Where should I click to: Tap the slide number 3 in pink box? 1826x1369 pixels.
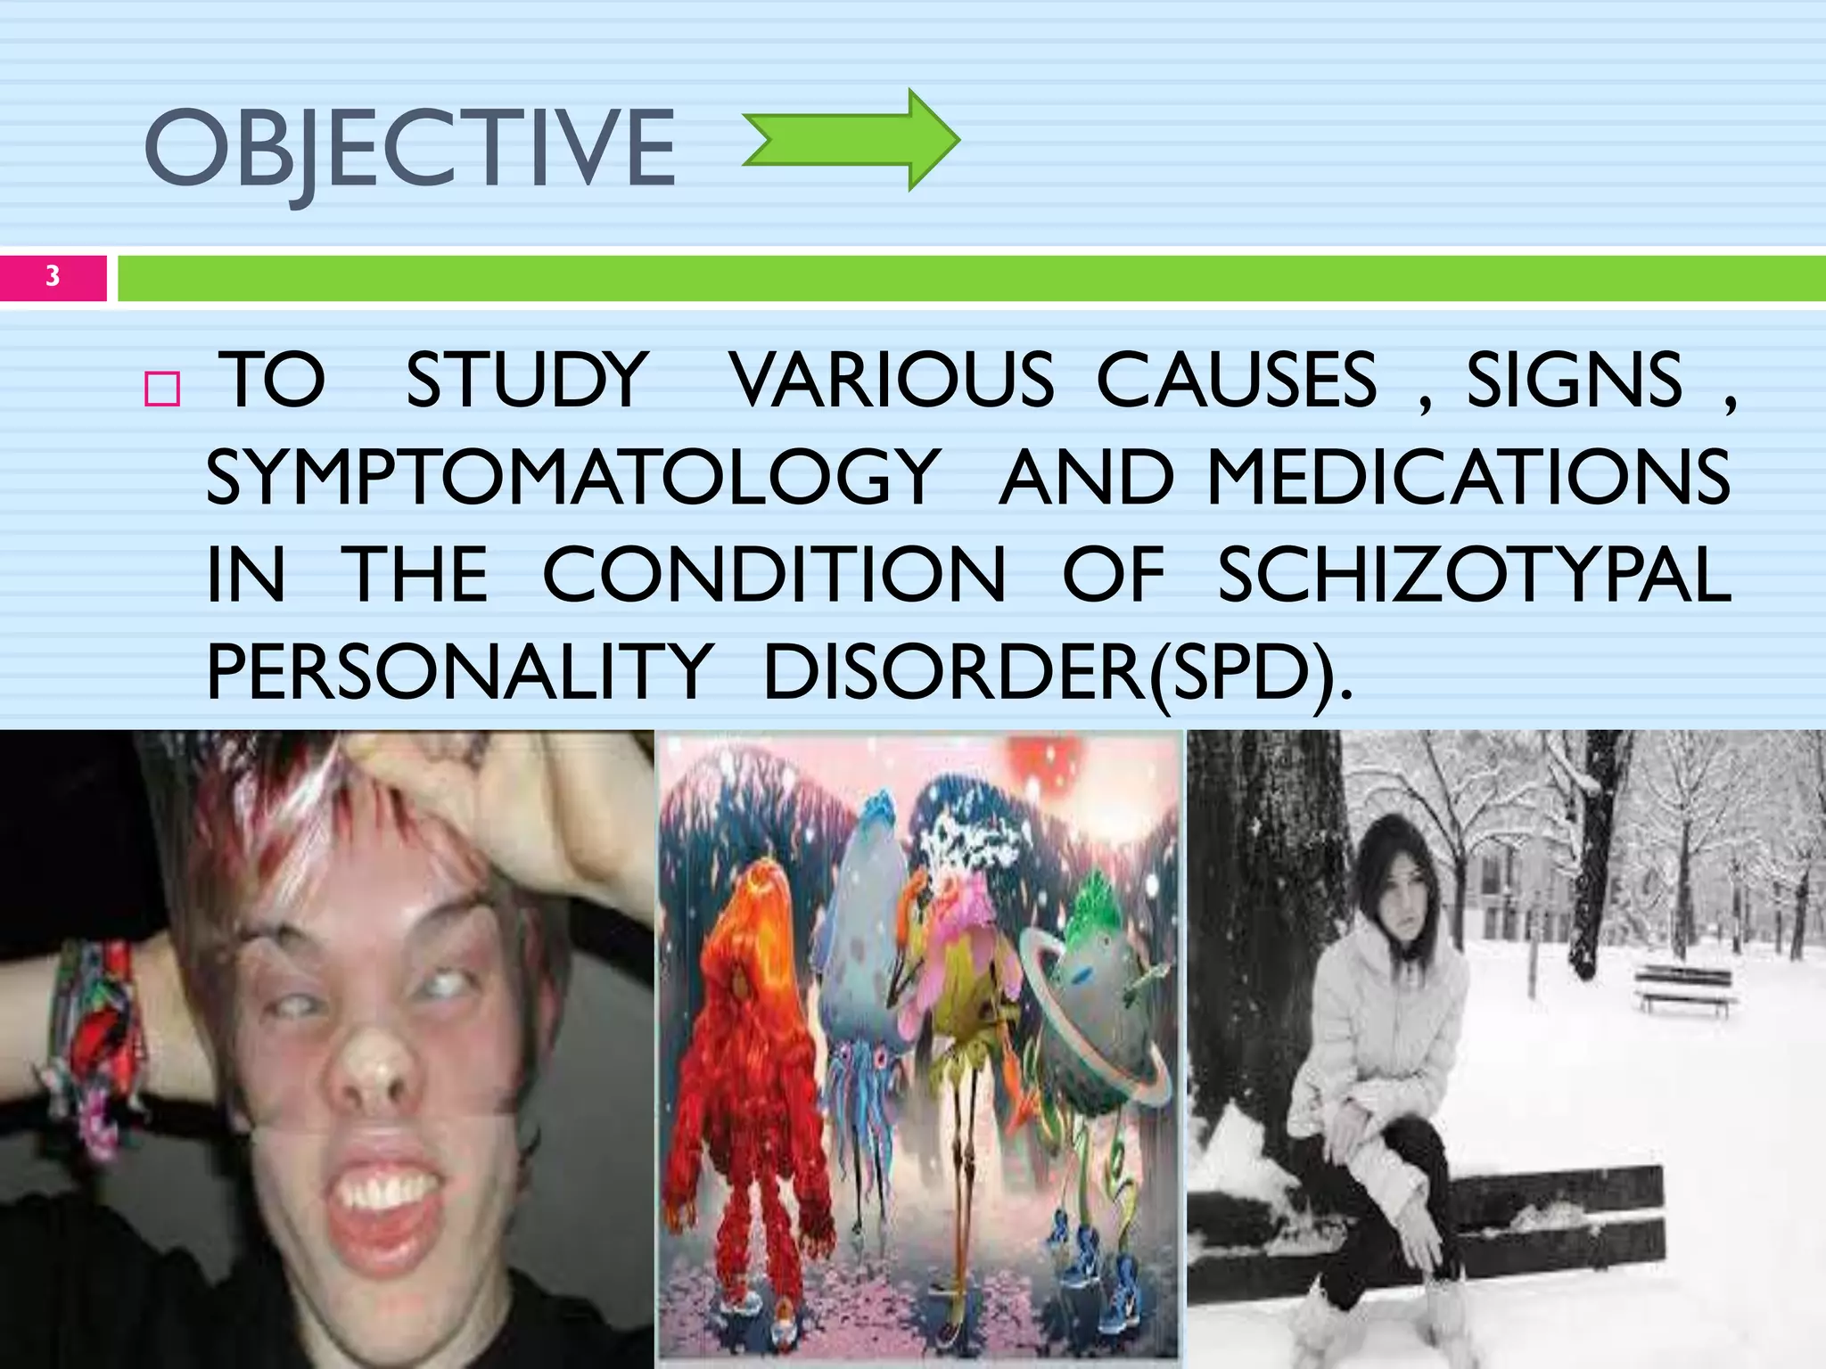click(x=53, y=276)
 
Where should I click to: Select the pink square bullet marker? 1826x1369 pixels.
click(x=162, y=389)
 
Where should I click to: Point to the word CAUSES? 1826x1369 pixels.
click(x=1237, y=381)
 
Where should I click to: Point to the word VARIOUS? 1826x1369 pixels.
click(x=892, y=381)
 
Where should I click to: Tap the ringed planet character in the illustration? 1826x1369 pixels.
click(x=1092, y=1007)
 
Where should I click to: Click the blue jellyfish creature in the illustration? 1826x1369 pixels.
click(x=860, y=963)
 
